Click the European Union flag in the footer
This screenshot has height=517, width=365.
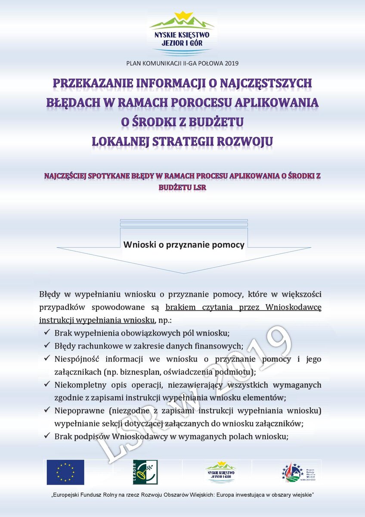(x=65, y=472)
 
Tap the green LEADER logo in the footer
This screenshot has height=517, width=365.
(x=145, y=472)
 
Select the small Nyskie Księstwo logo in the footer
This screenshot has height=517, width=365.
(x=220, y=472)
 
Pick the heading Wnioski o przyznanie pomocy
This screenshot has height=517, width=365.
(x=184, y=245)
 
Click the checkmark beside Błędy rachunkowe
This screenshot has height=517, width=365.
(x=47, y=345)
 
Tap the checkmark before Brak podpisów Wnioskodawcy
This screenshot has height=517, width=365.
(x=47, y=436)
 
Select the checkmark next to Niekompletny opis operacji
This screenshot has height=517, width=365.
(x=47, y=384)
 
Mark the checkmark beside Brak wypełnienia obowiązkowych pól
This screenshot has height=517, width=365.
(x=47, y=332)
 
